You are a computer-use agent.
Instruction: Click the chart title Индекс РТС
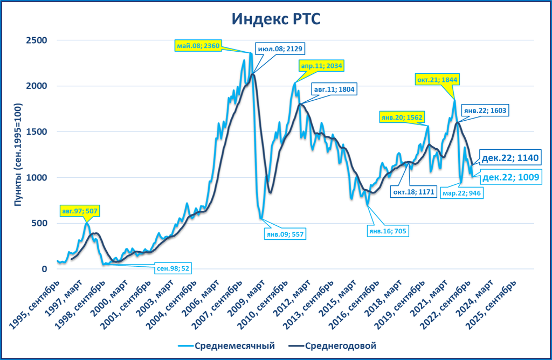(x=276, y=19)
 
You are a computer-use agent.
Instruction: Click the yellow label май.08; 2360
(x=198, y=46)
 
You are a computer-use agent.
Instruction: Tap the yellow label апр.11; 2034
(x=321, y=66)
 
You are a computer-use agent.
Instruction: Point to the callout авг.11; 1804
(x=334, y=89)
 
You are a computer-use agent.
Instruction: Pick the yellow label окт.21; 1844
(x=437, y=80)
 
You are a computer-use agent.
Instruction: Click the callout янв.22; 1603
(x=486, y=110)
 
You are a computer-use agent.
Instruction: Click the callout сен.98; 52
(x=173, y=267)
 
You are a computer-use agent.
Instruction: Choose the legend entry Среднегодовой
(x=333, y=345)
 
